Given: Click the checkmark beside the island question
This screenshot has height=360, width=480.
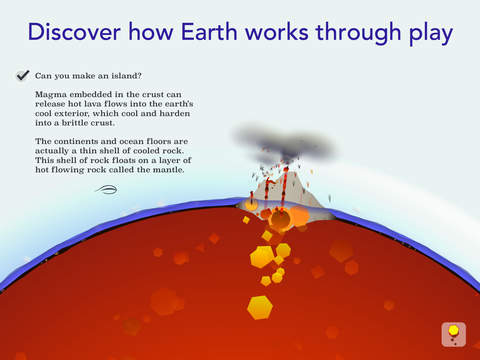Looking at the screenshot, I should pos(22,74).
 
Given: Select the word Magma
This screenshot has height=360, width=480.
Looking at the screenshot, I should pos(51,94).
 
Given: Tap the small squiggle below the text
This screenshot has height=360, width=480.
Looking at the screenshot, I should pos(106,188).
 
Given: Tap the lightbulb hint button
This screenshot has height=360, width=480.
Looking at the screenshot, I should pos(453,333).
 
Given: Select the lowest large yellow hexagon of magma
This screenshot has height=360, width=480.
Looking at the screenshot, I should pos(260,307).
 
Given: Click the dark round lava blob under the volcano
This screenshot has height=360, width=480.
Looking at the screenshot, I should pos(280,218).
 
